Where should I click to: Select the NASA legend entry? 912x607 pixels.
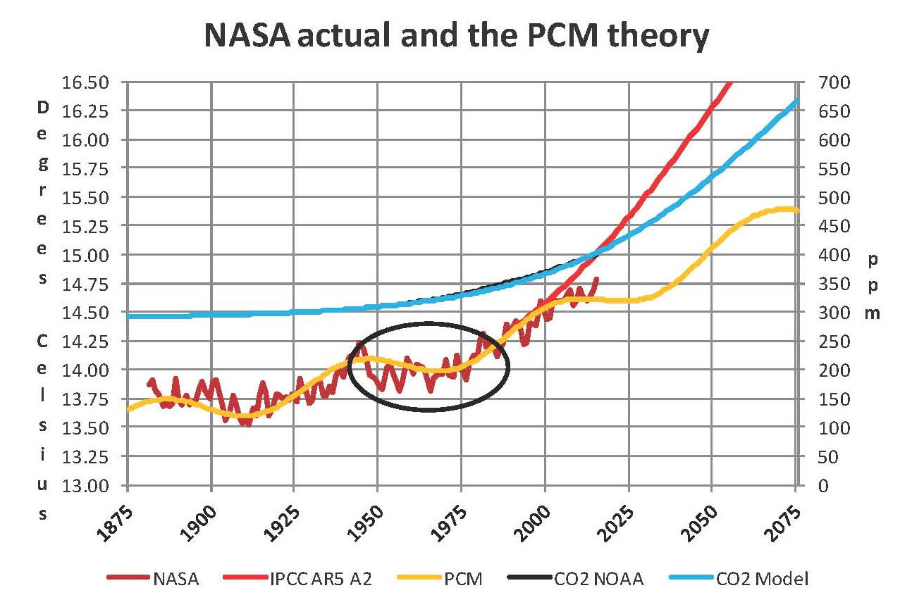pyautogui.click(x=175, y=579)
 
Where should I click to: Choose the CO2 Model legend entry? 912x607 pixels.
pyautogui.click(x=762, y=579)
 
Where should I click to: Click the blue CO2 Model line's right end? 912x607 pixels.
pyautogui.click(x=797, y=100)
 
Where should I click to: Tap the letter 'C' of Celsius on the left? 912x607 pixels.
pyautogui.click(x=43, y=341)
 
